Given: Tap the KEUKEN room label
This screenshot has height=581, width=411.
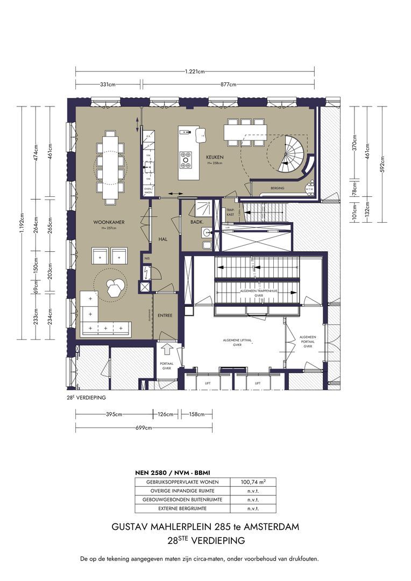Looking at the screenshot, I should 215,157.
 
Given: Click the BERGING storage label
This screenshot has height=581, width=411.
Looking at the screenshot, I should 278,188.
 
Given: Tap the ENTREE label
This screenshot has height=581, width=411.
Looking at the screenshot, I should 165,316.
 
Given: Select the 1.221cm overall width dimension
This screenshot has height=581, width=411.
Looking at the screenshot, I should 194,72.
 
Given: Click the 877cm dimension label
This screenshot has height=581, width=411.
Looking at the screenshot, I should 229,84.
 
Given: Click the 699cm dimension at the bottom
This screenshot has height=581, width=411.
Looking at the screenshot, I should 143,428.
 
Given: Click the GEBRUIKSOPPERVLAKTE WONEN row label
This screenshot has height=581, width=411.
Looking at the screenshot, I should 182,483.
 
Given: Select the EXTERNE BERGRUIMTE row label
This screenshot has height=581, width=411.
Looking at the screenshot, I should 182,508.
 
